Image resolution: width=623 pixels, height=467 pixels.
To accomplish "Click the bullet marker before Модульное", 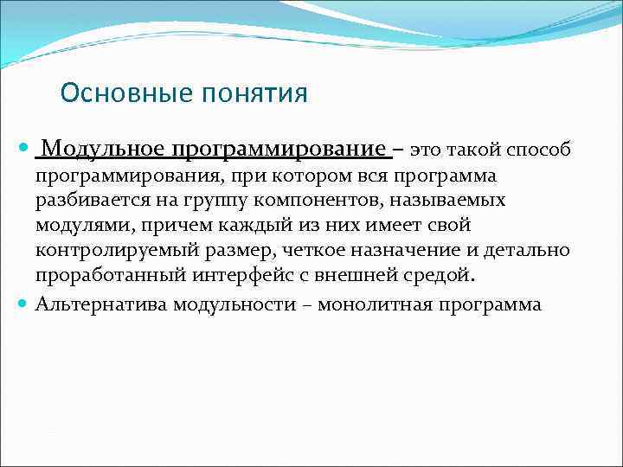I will coord(25,150).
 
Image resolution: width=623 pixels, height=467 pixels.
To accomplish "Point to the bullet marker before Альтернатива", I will coord(25,304).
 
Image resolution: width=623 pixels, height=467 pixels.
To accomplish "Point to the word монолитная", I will coord(376,304).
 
